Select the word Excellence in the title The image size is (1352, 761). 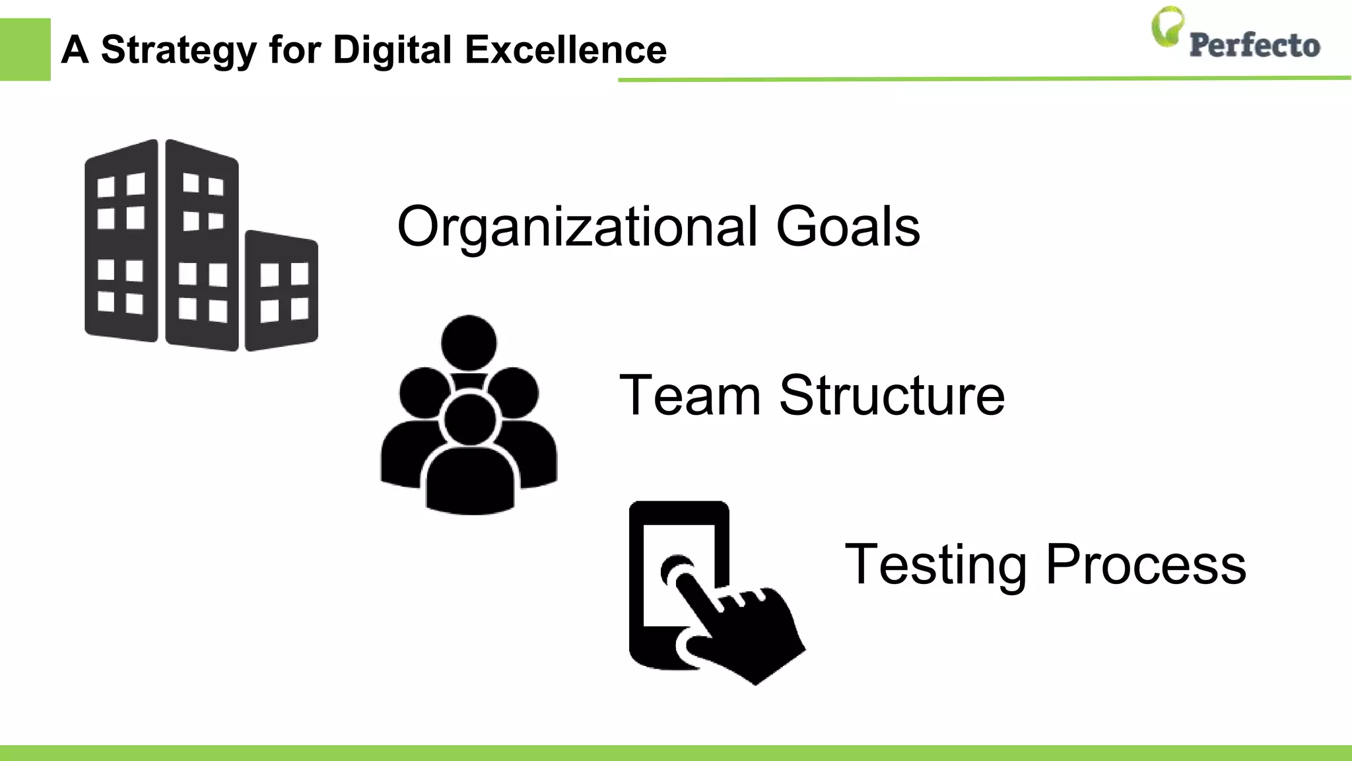point(566,50)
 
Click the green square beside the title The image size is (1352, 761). point(25,50)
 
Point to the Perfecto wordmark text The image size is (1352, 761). point(1254,46)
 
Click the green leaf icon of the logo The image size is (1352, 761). point(1167,26)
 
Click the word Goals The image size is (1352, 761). point(848,227)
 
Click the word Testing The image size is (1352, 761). point(935,565)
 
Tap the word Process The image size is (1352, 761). point(1146,565)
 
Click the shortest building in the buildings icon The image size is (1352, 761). point(281,291)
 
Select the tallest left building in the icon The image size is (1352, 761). point(122,241)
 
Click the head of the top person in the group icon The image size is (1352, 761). point(469,343)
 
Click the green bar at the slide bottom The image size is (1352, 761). point(676,753)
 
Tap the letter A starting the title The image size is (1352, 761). point(75,50)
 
